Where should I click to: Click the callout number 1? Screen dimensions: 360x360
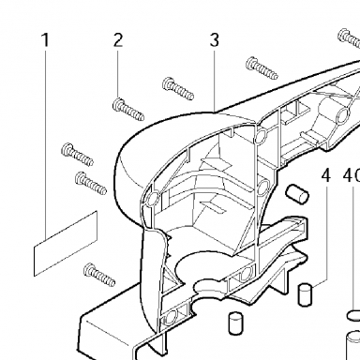click(x=45, y=40)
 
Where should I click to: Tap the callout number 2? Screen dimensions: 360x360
click(x=118, y=40)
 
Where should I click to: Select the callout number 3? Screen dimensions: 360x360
click(x=215, y=40)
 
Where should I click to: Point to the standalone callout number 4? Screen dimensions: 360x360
click(x=326, y=175)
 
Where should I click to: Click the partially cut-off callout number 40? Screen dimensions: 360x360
click(x=352, y=175)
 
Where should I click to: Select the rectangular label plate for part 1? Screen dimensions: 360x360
click(x=66, y=244)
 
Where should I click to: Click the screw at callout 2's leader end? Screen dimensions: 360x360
click(x=128, y=110)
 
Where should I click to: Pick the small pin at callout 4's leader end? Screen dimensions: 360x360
click(x=305, y=294)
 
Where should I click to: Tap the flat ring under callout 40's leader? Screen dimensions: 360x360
click(x=353, y=316)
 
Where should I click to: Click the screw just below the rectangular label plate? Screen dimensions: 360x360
click(x=99, y=275)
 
